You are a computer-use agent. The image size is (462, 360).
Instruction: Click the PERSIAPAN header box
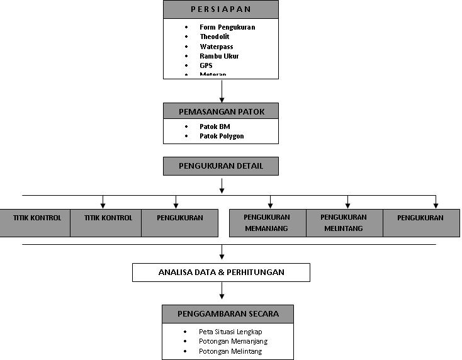(x=220, y=9)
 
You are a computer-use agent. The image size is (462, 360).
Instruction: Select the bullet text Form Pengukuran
(x=227, y=27)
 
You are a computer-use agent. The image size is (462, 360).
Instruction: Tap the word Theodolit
(x=215, y=37)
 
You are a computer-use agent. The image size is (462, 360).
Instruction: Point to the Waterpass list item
(x=217, y=47)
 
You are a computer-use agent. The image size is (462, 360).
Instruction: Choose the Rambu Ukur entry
(x=219, y=56)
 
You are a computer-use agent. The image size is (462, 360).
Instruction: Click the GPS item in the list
(x=206, y=65)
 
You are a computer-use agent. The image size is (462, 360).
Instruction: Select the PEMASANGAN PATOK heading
(x=220, y=111)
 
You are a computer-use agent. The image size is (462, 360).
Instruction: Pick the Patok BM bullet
(x=215, y=127)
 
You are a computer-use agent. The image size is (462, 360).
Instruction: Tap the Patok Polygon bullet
(x=222, y=136)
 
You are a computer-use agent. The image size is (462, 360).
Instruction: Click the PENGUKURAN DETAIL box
(x=220, y=166)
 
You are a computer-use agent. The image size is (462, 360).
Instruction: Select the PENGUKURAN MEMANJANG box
(x=267, y=223)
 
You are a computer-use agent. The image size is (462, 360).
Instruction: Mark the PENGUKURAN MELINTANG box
(x=344, y=223)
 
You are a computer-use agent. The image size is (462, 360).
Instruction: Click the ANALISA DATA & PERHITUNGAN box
(x=221, y=273)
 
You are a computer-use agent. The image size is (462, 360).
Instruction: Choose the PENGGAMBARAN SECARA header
(x=228, y=313)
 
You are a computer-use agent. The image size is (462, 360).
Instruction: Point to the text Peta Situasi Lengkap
(x=230, y=332)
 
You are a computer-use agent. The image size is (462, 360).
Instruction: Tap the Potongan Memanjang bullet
(x=233, y=341)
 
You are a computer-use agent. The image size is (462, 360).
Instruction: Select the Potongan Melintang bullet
(x=230, y=351)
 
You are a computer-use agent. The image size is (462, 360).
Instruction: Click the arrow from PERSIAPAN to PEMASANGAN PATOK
(x=222, y=91)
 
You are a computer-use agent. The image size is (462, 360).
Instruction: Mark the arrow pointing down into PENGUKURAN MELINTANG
(x=347, y=201)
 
